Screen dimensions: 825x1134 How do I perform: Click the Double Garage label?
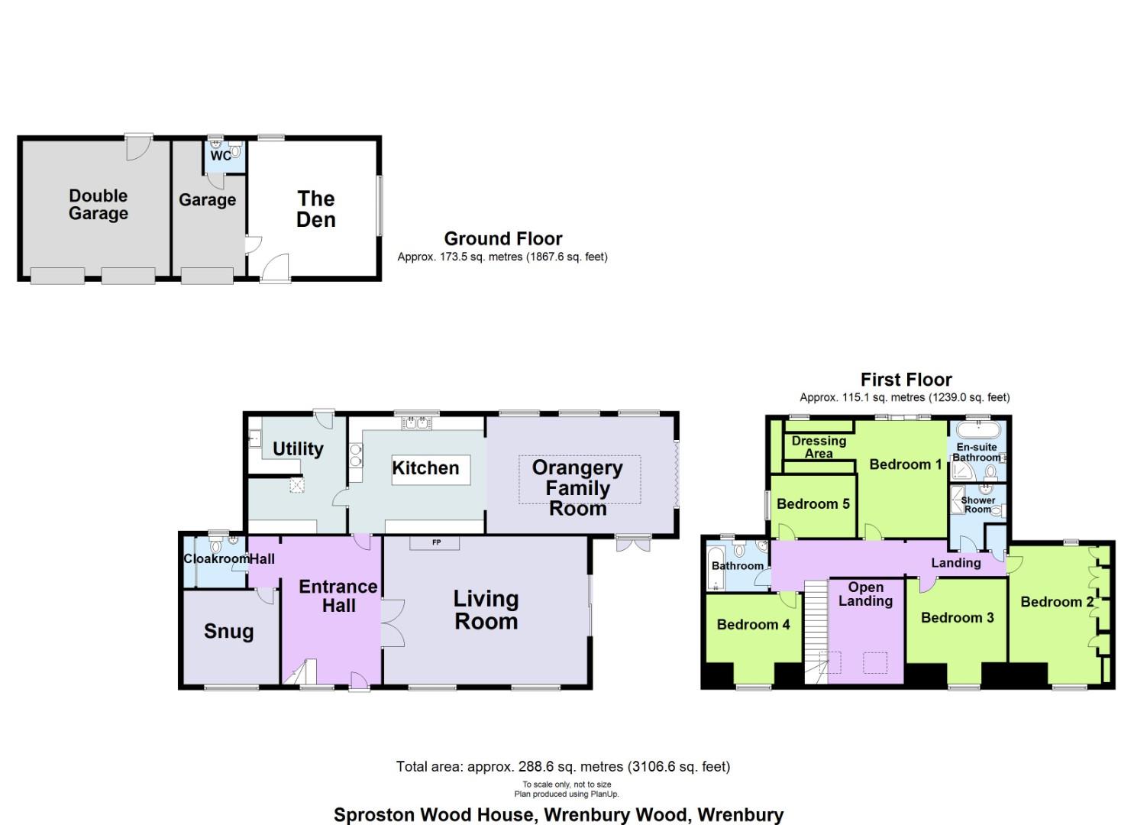point(98,205)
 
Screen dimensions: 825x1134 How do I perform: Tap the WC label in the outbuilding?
point(220,156)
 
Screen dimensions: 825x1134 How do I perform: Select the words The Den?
point(316,209)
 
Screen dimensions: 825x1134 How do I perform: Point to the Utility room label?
point(298,449)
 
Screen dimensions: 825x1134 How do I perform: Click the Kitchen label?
point(425,468)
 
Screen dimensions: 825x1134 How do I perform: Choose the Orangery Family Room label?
point(578,488)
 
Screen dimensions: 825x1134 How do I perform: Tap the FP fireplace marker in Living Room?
point(437,543)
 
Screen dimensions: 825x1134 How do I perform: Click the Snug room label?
point(228,632)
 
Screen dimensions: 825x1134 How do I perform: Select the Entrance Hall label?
point(338,596)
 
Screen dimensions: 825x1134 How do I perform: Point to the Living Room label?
point(486,610)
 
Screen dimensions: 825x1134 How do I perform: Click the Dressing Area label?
point(819,447)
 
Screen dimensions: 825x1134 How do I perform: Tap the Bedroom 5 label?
point(813,504)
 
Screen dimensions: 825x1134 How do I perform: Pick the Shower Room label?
point(977,505)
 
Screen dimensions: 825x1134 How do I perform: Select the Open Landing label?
point(866,594)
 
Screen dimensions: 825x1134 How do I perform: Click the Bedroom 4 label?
point(753,625)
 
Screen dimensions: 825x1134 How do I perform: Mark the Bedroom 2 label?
point(1057,602)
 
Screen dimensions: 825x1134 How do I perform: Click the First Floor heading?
point(906,380)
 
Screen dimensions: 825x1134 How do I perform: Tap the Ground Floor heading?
point(503,239)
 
